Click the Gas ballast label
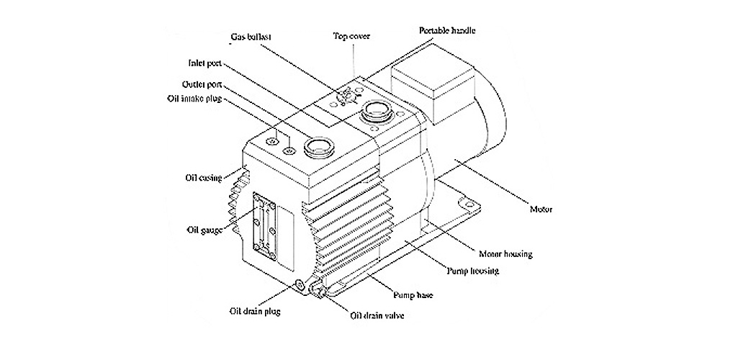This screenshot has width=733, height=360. (251, 37)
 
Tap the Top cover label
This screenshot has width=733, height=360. (351, 35)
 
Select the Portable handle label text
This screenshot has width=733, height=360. (447, 31)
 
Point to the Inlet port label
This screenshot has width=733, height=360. (204, 63)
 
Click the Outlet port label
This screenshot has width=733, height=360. (202, 85)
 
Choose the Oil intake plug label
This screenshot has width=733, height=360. (194, 99)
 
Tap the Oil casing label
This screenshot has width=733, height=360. (203, 178)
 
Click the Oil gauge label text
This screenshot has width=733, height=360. (204, 230)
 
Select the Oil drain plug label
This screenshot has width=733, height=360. (255, 311)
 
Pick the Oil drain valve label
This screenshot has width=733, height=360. (377, 315)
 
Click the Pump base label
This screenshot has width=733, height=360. (413, 295)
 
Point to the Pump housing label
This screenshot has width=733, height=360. (472, 271)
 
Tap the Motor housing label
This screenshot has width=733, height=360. (505, 254)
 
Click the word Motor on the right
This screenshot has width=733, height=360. (541, 209)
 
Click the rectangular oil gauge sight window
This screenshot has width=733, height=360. (264, 226)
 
